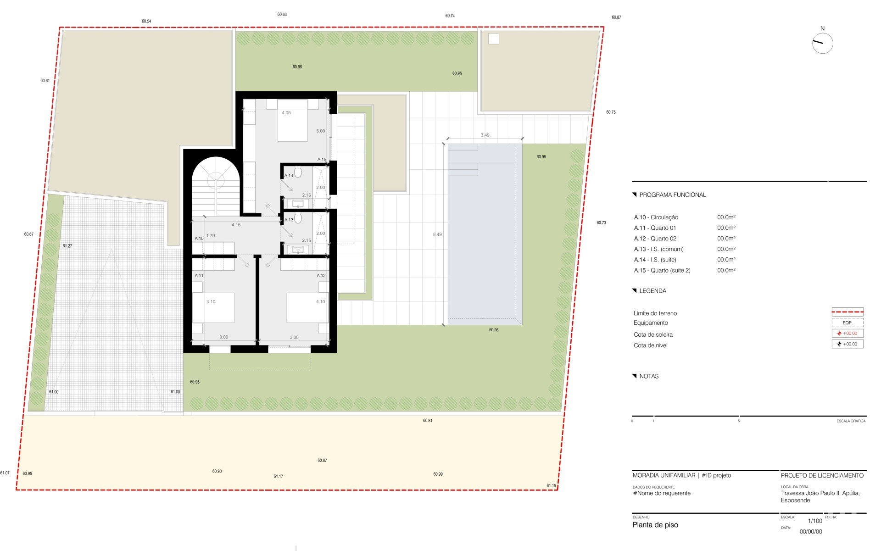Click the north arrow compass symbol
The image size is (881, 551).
(x=822, y=44)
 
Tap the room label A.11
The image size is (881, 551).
(x=199, y=276)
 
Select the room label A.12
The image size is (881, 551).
(x=321, y=276)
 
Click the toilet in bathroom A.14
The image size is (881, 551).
(x=298, y=173)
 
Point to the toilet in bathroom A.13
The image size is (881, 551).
(x=298, y=218)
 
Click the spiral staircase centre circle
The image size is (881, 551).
(x=216, y=180)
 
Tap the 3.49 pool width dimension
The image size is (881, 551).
(x=485, y=135)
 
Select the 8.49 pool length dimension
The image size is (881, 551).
(x=437, y=234)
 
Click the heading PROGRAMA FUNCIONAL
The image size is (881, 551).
(x=672, y=195)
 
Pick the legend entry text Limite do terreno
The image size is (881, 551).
(x=655, y=313)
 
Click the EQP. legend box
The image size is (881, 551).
(x=848, y=323)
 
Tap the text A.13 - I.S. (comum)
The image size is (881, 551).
(x=659, y=249)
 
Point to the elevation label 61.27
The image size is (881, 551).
(x=67, y=246)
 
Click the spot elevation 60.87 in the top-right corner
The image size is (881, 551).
(x=616, y=17)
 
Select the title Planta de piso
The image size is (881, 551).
(x=655, y=525)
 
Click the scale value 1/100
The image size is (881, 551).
(x=815, y=521)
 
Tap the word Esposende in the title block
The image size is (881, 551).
(x=796, y=501)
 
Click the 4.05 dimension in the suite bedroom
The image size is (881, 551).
(x=286, y=113)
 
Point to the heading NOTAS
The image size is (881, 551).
(x=649, y=376)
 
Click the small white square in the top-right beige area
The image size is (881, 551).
(x=493, y=39)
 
